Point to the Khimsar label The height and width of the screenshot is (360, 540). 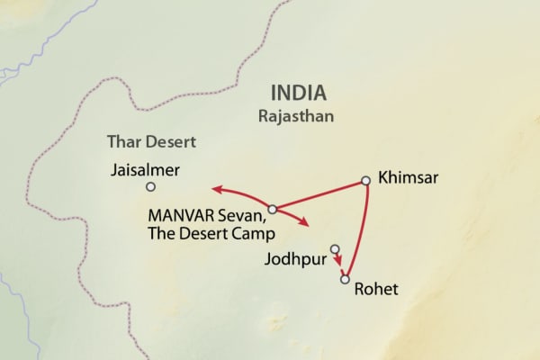pos(409,177)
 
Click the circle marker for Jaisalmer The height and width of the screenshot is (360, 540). pos(150,187)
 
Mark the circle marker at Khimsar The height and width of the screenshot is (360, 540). pos(365,181)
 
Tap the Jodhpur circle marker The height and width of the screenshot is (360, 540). pos(335,248)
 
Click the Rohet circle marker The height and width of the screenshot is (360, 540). pos(344,280)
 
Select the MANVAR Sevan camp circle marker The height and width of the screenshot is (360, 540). pos(272,210)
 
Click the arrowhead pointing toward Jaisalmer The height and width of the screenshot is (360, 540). pos(214,189)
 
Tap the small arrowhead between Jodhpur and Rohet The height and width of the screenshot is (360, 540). pos(339,263)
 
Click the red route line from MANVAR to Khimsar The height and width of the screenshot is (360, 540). pos(319,195)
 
